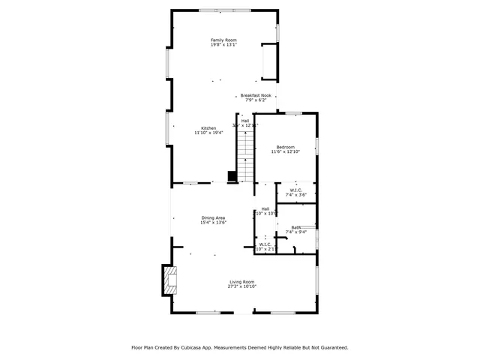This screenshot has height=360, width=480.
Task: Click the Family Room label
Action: click(x=223, y=40)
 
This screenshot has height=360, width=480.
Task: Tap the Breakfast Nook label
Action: click(x=256, y=95)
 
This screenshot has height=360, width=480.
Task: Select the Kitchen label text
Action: click(x=208, y=128)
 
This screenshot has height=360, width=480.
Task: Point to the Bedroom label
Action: click(x=285, y=147)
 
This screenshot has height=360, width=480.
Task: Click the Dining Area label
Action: click(x=213, y=217)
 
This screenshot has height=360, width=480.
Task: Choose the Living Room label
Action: click(x=242, y=282)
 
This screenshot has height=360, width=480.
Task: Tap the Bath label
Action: click(x=296, y=227)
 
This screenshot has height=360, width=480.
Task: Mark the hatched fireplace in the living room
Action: click(x=169, y=280)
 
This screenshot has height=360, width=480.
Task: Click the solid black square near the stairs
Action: click(x=232, y=177)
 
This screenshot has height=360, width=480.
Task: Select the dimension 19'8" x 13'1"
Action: click(x=223, y=45)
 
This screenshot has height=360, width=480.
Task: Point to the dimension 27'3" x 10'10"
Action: click(x=242, y=286)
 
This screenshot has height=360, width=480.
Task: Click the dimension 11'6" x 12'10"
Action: click(x=285, y=151)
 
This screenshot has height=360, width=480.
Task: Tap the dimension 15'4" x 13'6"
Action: click(x=213, y=222)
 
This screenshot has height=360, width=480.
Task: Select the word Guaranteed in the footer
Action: click(x=331, y=347)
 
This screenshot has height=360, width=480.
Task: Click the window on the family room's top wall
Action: click(x=214, y=10)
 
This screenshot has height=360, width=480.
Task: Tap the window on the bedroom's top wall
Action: click(x=293, y=113)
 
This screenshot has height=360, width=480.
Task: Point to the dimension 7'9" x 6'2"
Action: click(x=256, y=100)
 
